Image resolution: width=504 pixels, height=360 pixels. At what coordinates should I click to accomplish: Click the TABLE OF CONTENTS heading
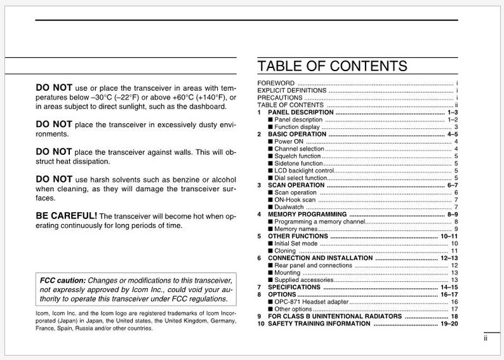(x=332, y=66)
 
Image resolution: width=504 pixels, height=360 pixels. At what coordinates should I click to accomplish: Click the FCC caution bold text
(x=62, y=280)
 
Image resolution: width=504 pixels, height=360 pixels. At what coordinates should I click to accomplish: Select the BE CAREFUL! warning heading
(x=67, y=216)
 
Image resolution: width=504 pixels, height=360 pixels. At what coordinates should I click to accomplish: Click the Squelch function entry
(x=297, y=156)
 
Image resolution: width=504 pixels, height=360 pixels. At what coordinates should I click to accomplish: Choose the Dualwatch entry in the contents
(x=289, y=207)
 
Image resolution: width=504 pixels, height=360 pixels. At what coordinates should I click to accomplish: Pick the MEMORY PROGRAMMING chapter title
(x=307, y=215)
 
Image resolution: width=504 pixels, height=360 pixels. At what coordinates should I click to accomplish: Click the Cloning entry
(x=285, y=251)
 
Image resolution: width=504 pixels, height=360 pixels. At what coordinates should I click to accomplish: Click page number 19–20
(x=448, y=324)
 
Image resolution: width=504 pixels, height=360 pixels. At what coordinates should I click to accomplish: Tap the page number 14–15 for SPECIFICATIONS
(x=449, y=287)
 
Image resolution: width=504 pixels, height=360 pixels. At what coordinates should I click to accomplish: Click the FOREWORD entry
(x=275, y=83)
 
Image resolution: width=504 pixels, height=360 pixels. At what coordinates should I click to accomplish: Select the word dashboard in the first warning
(x=207, y=107)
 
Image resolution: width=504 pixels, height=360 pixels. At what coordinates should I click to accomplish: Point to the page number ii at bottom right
(x=485, y=338)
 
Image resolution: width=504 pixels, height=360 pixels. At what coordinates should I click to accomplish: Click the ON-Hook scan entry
(x=295, y=200)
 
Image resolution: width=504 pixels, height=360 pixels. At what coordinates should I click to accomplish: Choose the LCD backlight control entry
(x=303, y=171)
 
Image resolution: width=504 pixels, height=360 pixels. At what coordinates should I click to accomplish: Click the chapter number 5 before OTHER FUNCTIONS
(x=260, y=236)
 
